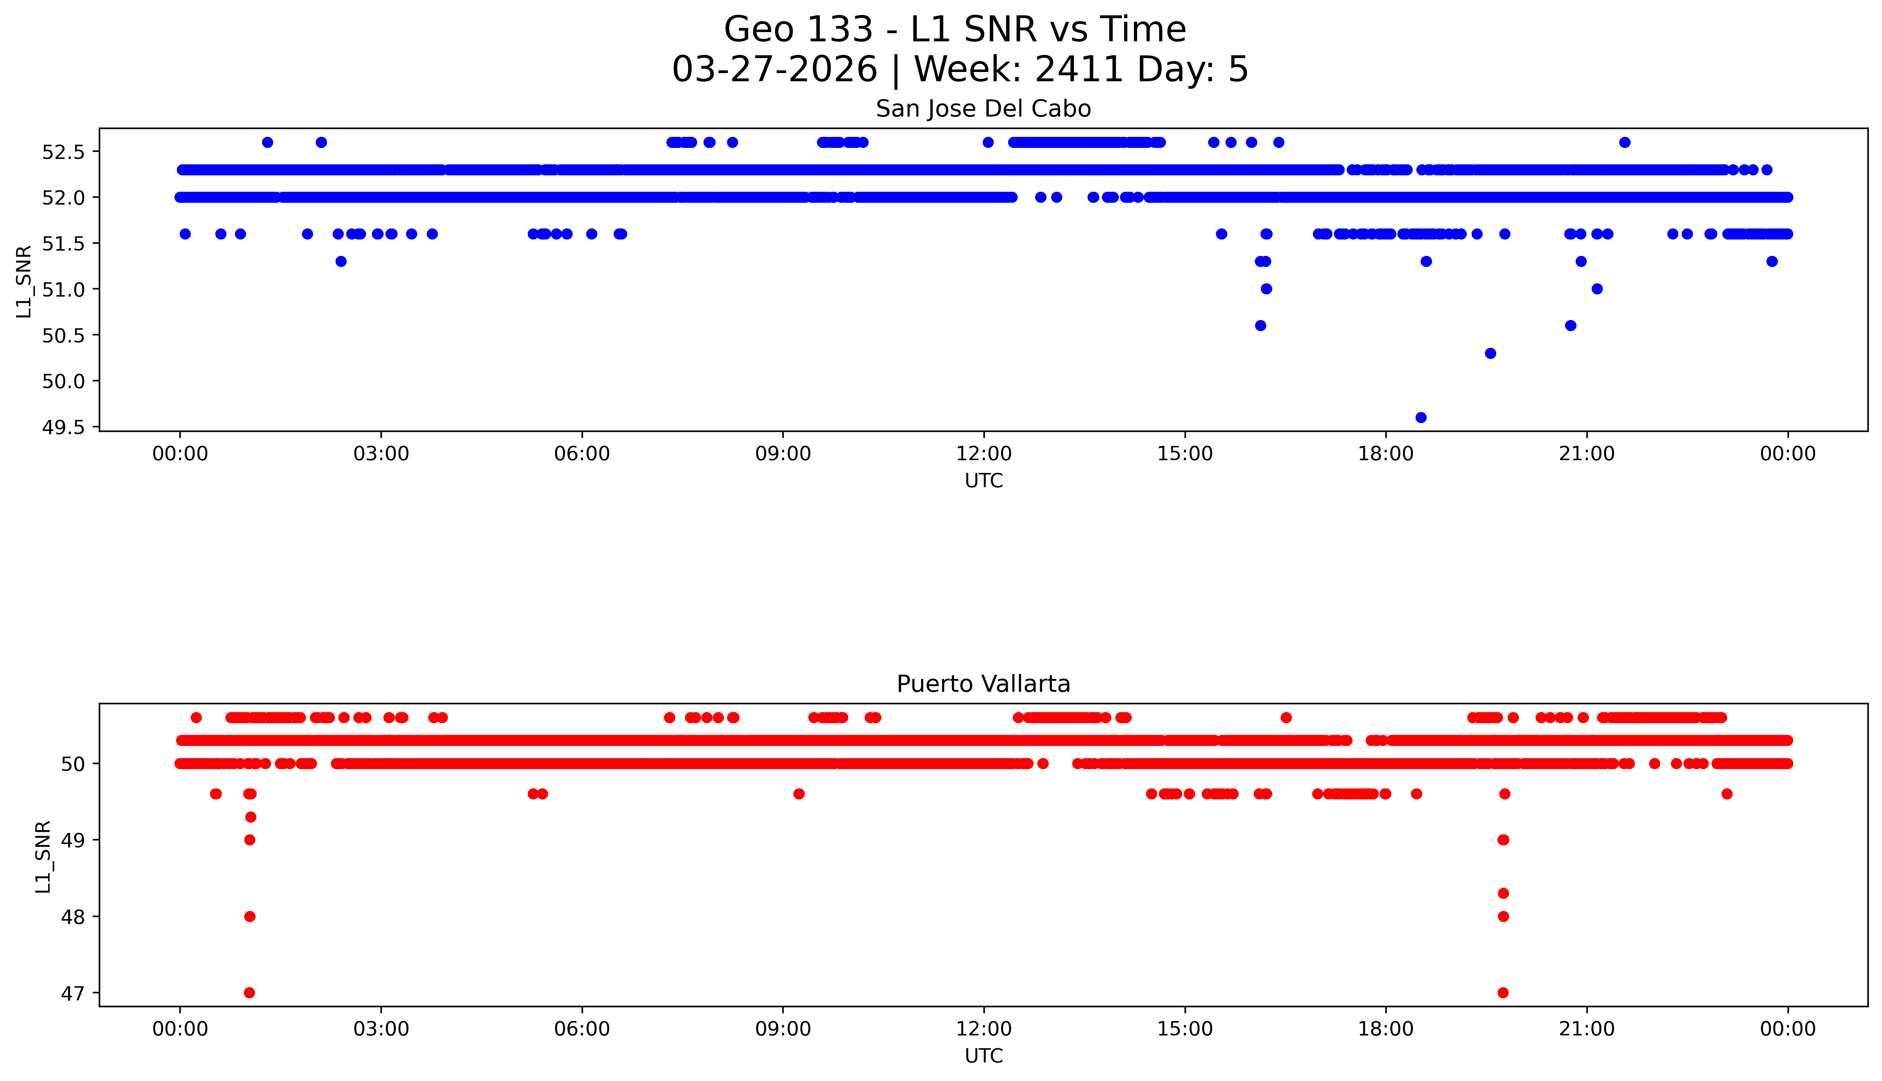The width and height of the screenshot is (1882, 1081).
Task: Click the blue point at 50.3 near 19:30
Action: [x=1490, y=354]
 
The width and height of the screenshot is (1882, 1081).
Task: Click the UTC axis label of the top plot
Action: [x=983, y=481]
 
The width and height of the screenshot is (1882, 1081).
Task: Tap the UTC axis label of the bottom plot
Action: [x=983, y=1056]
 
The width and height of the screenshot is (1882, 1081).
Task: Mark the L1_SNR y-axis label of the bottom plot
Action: [x=43, y=857]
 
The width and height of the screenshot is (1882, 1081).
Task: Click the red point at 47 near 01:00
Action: [x=250, y=993]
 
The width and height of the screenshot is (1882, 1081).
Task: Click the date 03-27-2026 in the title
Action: [x=774, y=70]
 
